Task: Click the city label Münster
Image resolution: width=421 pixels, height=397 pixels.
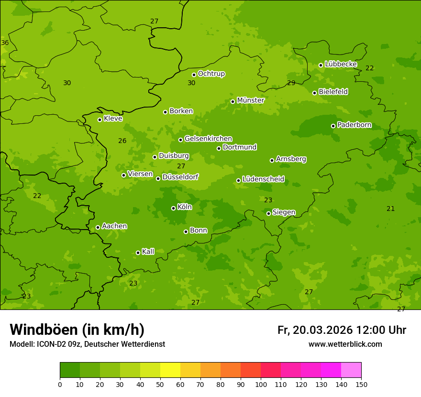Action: coord(250,100)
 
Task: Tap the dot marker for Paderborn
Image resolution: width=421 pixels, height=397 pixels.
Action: coord(333,126)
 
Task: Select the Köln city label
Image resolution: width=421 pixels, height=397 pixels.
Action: coord(185,207)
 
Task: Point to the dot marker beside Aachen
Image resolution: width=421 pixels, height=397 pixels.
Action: coord(98,227)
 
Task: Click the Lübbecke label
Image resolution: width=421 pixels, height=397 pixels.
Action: coord(341,64)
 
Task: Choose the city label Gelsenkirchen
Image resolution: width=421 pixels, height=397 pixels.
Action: coord(208,139)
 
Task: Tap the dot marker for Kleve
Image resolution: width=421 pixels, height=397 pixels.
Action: coord(100,120)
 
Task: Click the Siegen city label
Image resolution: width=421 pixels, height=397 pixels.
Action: coord(284,212)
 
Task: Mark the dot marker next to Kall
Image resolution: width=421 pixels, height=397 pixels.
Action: coord(138,253)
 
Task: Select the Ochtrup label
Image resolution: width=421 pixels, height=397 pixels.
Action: coord(211,74)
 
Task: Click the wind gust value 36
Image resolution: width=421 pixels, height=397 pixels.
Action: coord(5,43)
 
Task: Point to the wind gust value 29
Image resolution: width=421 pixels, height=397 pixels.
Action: coord(291,83)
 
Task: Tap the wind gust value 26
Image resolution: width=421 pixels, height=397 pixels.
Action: coord(122,141)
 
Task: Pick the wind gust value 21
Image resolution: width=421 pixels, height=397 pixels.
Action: coord(391,209)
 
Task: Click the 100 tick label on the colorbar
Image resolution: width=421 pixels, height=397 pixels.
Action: coord(261,384)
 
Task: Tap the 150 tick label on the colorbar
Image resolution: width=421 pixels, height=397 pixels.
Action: coord(361,384)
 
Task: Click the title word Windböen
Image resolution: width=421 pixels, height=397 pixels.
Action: coord(44,330)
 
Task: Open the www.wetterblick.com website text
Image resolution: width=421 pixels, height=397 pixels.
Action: coord(345,344)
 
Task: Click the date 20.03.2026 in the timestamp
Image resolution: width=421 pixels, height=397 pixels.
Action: coord(322,330)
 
